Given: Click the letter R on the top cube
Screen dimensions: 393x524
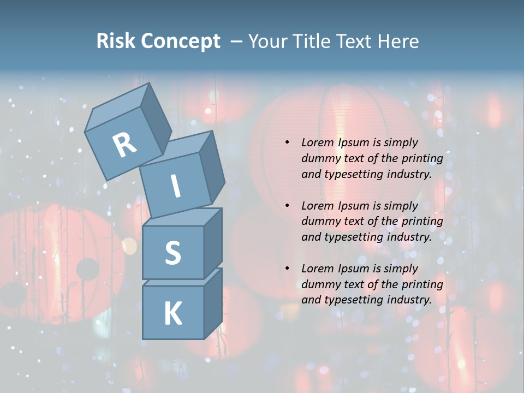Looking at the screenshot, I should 124,145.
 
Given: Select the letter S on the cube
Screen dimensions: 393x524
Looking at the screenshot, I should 172,253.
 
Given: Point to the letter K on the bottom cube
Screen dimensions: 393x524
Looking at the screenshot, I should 172,314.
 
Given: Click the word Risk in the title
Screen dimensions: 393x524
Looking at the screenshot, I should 116,41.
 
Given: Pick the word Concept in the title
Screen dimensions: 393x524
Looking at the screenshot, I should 181,41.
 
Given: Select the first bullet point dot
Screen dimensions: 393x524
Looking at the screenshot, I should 287,143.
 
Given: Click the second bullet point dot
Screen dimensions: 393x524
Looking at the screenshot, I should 287,206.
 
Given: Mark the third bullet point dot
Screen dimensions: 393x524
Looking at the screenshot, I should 287,269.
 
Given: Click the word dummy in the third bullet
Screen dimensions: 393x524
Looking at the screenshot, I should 319,284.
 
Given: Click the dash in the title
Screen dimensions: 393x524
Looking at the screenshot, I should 236,42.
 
